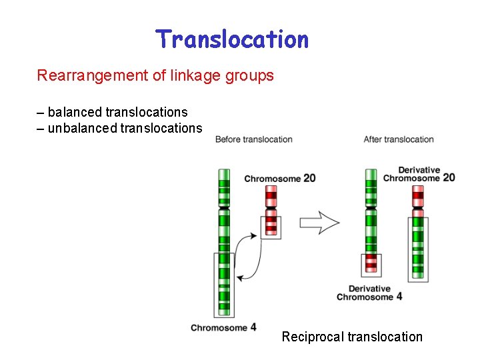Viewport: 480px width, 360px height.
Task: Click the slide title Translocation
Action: (232, 39)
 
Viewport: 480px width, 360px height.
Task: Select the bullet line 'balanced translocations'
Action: (117, 112)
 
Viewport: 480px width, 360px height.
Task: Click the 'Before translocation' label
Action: (253, 139)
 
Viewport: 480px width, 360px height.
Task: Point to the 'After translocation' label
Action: (399, 139)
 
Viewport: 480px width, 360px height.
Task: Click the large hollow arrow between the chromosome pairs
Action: (319, 222)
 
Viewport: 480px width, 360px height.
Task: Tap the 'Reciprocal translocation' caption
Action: (352, 337)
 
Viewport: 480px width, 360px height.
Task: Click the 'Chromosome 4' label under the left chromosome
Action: (223, 327)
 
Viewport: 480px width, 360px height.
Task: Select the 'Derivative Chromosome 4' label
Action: (369, 293)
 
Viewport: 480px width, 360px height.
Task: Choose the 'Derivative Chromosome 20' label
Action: (419, 174)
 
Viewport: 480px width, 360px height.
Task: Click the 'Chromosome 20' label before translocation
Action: (279, 178)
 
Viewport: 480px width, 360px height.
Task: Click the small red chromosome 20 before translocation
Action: (271, 210)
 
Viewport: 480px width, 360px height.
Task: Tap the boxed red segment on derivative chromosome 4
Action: (371, 265)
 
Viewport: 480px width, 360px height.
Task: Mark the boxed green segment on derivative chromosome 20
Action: (418, 247)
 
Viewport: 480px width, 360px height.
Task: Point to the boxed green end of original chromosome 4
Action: (224, 284)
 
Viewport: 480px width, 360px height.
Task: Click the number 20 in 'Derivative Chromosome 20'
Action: (449, 177)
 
